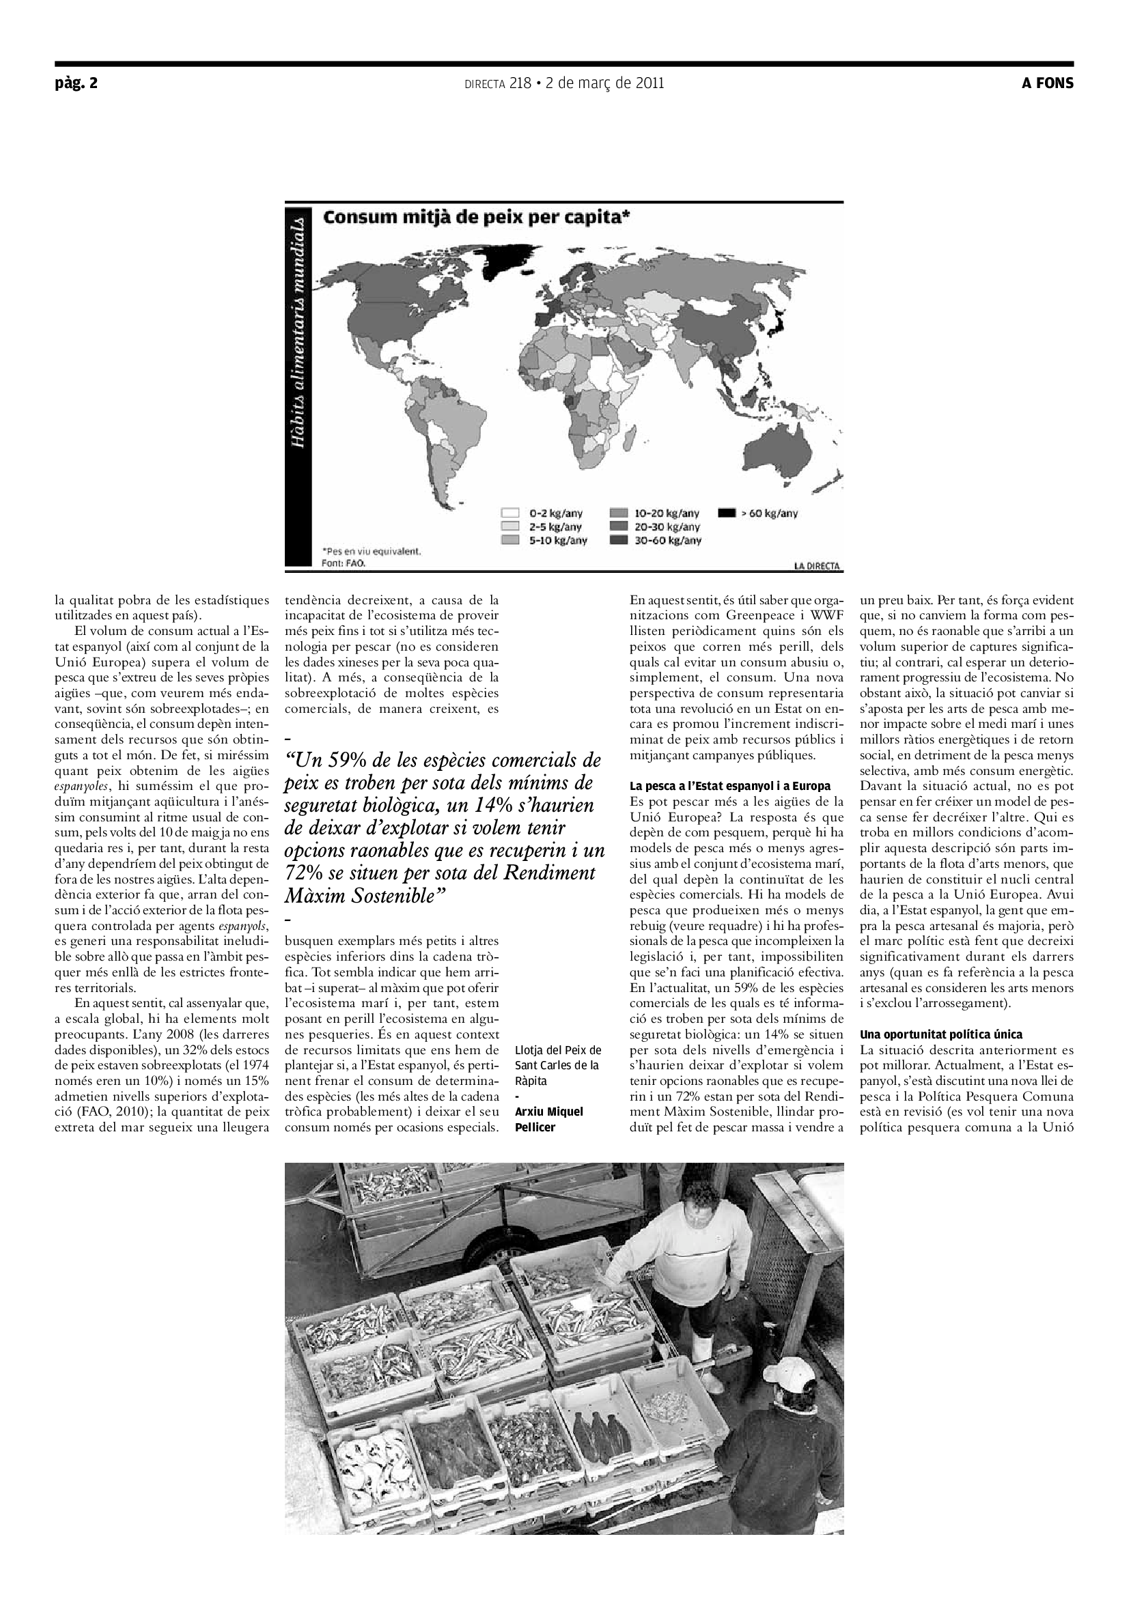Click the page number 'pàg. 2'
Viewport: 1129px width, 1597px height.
click(x=76, y=83)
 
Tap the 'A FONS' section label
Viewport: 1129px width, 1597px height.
click(x=1047, y=83)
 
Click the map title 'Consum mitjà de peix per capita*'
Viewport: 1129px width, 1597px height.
click(x=477, y=217)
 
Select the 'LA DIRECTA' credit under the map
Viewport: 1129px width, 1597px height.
click(x=818, y=566)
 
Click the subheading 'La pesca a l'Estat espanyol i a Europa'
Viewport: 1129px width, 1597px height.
click(x=729, y=786)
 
